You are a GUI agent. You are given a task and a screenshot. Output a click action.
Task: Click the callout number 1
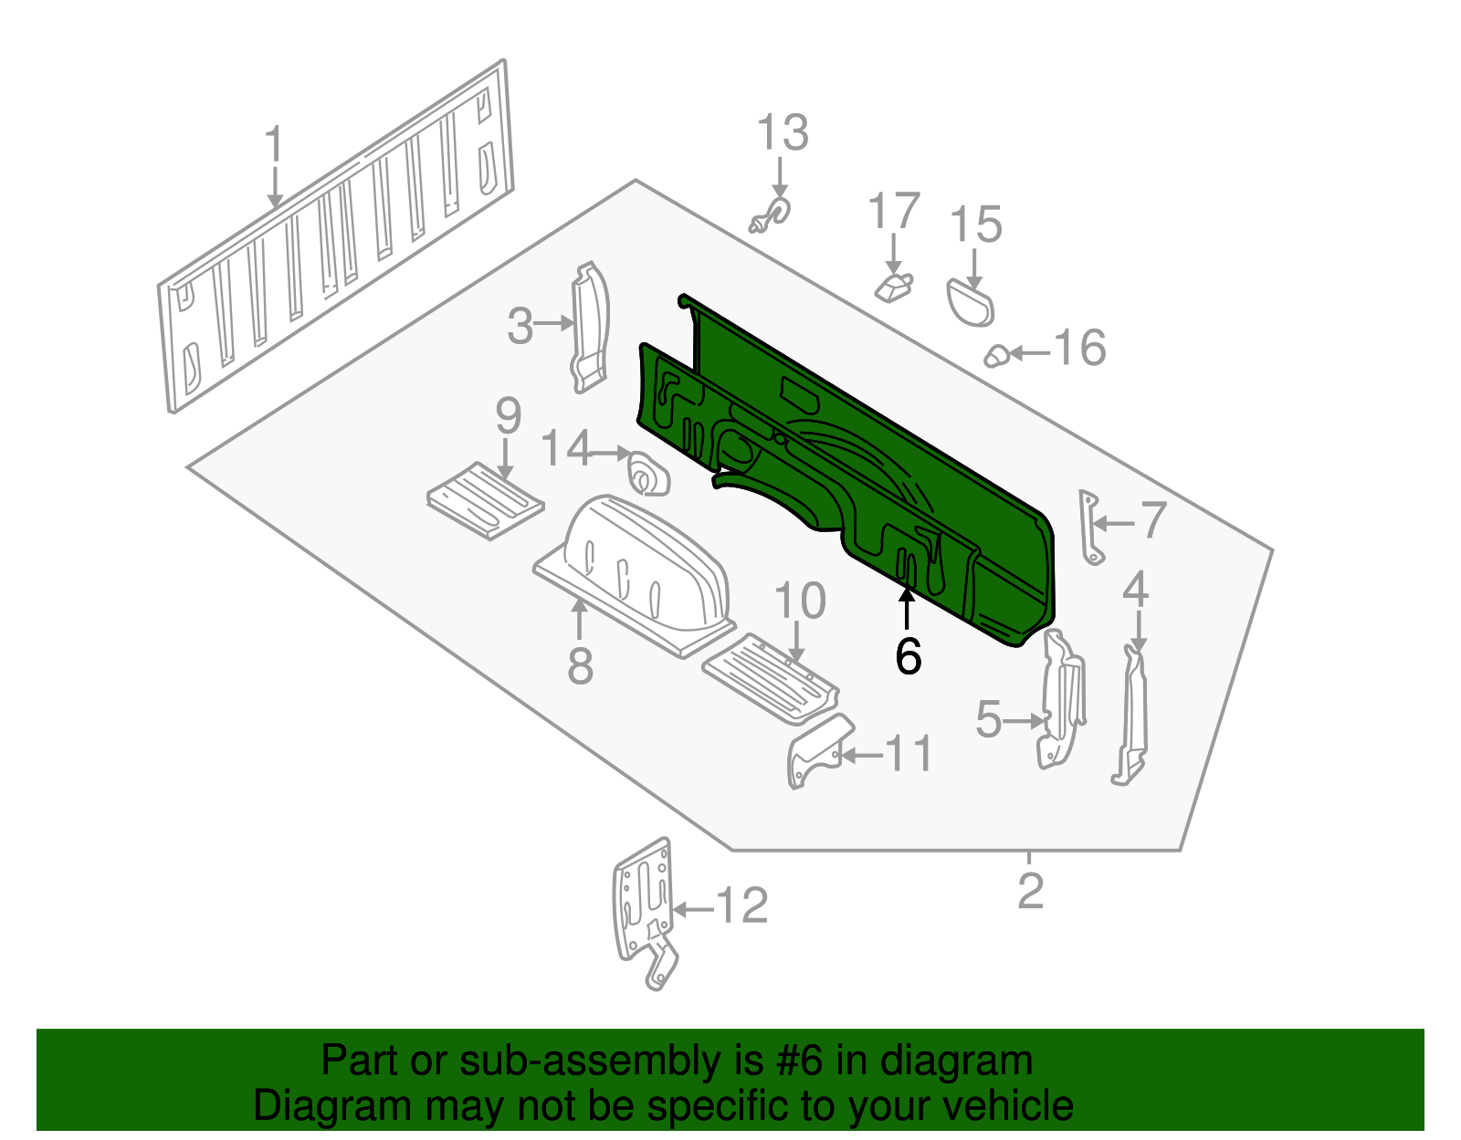274,144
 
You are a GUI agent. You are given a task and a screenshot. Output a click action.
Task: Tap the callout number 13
783,132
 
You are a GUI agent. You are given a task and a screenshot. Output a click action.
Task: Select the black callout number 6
908,656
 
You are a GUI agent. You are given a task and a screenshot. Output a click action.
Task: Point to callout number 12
741,905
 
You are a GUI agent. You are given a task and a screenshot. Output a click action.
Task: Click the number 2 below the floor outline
1030,891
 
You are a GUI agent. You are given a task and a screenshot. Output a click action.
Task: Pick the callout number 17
894,211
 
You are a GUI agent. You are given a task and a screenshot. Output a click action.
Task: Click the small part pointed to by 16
996,355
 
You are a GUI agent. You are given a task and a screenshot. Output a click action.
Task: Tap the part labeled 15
970,304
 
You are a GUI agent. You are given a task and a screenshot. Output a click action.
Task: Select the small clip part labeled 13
771,215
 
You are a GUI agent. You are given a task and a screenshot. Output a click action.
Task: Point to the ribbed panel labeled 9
486,500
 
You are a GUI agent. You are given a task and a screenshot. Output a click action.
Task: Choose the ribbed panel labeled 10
770,678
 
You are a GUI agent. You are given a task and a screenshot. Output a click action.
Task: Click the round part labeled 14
648,473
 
